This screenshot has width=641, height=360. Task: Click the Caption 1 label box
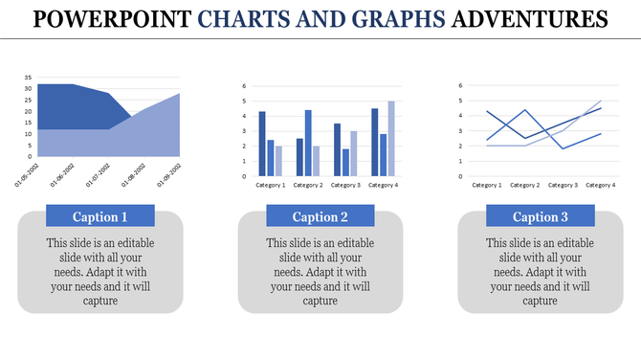coord(100,215)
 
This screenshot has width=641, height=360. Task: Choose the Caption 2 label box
coord(320,215)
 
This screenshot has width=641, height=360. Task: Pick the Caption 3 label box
coord(540,215)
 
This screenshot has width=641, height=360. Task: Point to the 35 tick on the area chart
coord(28,77)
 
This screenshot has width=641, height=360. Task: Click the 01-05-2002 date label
coord(26,174)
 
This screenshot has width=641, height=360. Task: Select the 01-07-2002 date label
coord(98,174)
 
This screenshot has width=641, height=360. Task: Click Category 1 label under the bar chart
coord(271,185)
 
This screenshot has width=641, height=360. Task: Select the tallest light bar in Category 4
coord(390,138)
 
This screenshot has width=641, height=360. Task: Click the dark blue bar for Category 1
coord(262,144)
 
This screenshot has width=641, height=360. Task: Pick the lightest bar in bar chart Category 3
coord(353,153)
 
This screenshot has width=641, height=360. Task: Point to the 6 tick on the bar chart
coord(245,86)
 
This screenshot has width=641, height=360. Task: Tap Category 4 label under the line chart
coord(600,185)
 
